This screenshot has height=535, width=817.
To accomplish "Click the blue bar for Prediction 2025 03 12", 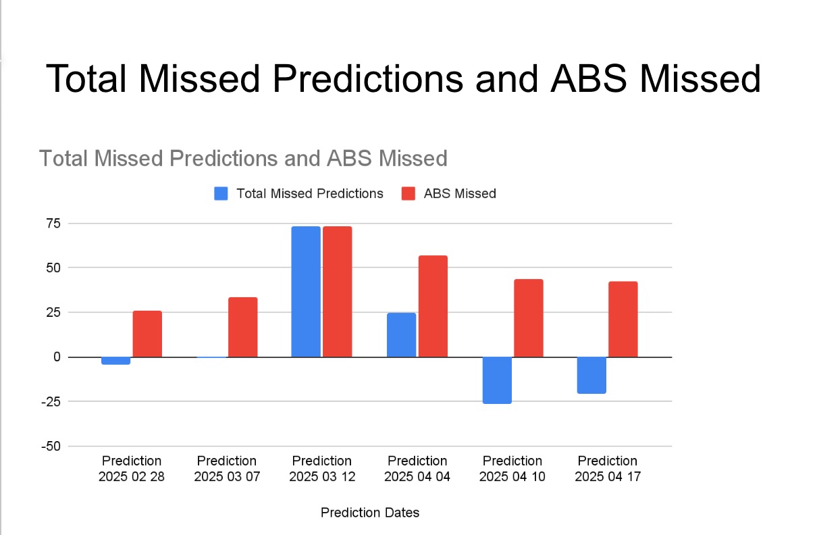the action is [x=306, y=292].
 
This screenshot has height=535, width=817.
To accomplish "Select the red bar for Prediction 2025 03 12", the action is [x=338, y=292].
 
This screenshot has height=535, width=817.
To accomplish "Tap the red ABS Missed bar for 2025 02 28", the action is [x=147, y=334].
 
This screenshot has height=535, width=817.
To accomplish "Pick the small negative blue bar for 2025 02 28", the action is [x=115, y=361].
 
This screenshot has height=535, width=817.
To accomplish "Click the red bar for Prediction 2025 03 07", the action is [x=242, y=327].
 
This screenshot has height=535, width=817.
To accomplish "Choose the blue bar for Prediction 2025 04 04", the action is [x=401, y=334].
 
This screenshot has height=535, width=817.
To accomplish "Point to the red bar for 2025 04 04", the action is [x=433, y=306].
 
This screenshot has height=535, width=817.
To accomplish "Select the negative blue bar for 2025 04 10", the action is [x=497, y=380].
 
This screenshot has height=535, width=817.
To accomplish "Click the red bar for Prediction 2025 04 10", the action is [x=529, y=318].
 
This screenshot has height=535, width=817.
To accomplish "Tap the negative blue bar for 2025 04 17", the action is [x=591, y=375].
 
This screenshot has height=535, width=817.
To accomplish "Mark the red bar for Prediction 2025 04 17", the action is [x=623, y=319].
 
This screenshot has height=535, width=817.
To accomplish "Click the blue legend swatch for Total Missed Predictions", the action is [x=221, y=193].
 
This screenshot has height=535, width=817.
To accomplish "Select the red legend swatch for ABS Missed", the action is [x=408, y=193].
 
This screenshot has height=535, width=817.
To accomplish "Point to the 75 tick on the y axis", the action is [x=53, y=223].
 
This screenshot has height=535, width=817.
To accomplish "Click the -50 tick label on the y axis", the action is [x=51, y=446].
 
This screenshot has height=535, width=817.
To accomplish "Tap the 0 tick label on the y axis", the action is [x=57, y=357].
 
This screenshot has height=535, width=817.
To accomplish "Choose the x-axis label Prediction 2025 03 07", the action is [x=227, y=469].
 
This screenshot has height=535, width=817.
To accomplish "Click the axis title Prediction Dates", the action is [x=370, y=513].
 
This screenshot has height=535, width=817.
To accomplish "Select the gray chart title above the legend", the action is [x=243, y=158].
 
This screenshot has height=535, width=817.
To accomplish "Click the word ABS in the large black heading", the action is [x=589, y=79].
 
